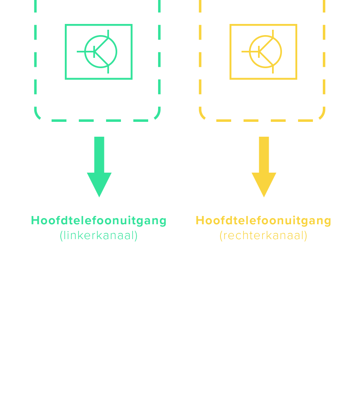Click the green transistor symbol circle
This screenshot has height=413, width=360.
tap(101, 52)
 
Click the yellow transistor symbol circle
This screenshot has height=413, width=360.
tap(265, 52)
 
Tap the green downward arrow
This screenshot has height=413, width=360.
tap(99, 167)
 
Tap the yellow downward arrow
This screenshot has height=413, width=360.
tap(264, 167)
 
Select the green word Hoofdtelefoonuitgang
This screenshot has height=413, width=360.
tap(99, 221)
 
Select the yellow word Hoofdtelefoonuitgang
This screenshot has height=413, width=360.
tap(263, 221)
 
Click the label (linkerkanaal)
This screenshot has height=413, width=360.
tap(99, 236)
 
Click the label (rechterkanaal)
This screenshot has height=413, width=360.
tap(263, 236)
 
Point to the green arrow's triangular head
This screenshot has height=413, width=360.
tap(99, 184)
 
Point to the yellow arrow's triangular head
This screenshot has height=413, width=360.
tap(264, 184)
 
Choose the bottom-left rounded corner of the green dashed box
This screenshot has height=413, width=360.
tap(38, 116)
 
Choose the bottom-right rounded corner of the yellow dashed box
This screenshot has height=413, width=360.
tap(322, 116)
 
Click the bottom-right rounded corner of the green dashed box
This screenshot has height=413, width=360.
tap(157, 116)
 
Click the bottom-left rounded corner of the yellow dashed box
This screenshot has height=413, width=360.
tap(202, 116)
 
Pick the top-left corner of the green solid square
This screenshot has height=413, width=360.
tap(66, 25)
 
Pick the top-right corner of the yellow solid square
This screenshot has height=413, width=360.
tap(296, 25)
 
